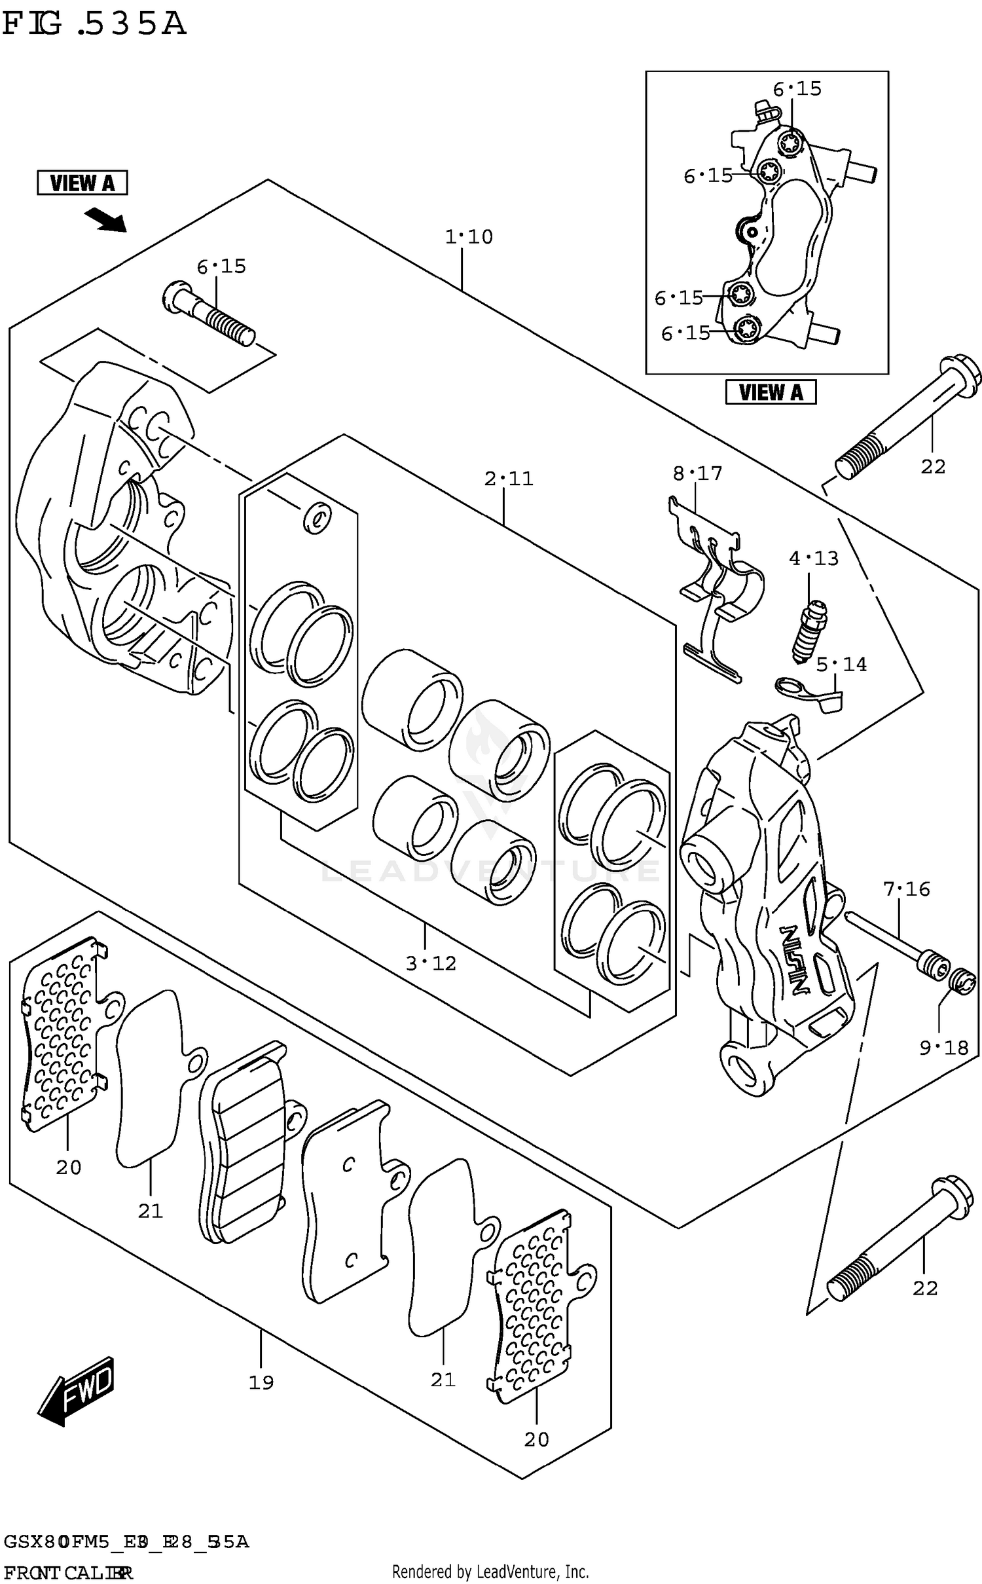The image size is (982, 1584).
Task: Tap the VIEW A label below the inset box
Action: (x=770, y=392)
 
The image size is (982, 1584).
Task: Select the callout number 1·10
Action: (x=469, y=237)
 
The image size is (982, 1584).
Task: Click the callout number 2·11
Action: (x=509, y=479)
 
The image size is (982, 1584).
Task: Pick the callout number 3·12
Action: (x=430, y=963)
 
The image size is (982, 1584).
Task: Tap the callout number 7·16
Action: (x=906, y=889)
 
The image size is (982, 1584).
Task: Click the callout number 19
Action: (x=261, y=1383)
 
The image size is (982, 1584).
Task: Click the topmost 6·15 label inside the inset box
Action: (x=797, y=89)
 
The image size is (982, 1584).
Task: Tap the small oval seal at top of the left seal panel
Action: (x=317, y=519)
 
